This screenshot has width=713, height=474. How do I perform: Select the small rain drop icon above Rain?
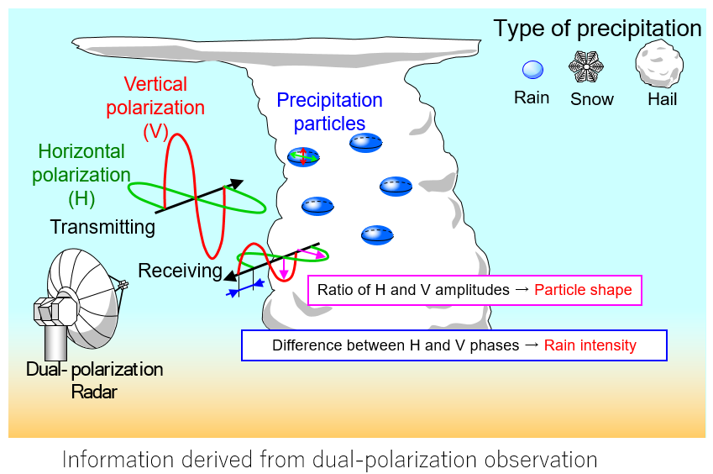pyautogui.click(x=532, y=70)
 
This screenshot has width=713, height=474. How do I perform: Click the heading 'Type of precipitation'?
pyautogui.click(x=597, y=29)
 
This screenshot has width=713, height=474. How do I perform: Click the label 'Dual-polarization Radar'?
pyautogui.click(x=94, y=381)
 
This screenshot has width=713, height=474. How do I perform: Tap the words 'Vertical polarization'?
pyautogui.click(x=164, y=96)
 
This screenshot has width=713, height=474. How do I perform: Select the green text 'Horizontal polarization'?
pyautogui.click(x=81, y=163)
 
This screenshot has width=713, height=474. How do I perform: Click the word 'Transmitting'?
pyautogui.click(x=102, y=227)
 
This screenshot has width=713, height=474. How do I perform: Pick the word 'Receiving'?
pyautogui.click(x=180, y=271)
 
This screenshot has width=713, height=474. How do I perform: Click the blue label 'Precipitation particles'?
pyautogui.click(x=329, y=112)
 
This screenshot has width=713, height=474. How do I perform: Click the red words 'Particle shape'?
pyautogui.click(x=583, y=291)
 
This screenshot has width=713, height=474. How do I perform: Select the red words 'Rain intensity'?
pyautogui.click(x=590, y=345)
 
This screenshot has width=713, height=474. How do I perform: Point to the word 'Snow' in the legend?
pyautogui.click(x=592, y=99)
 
